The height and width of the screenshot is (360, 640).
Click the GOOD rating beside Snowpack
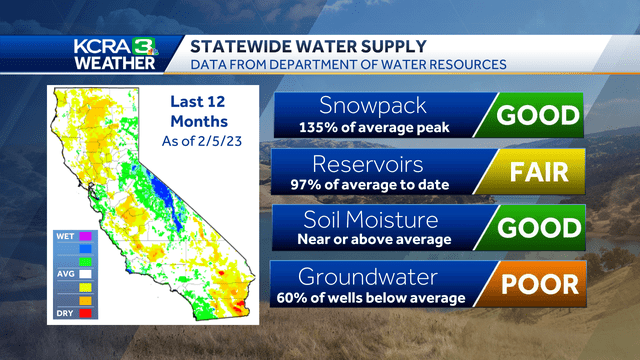(x=539, y=114)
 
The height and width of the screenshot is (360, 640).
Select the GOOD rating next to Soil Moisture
(x=539, y=227)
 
